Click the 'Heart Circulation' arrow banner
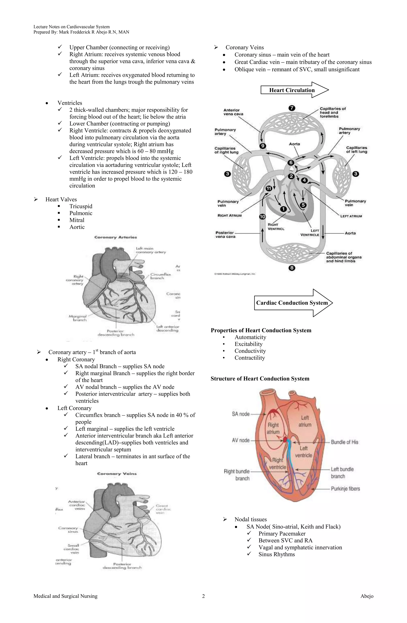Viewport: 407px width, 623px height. coord(292,90)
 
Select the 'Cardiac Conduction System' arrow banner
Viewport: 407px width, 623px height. coord(292,303)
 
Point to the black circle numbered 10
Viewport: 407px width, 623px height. coord(262,216)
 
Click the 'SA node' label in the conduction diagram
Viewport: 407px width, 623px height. coord(241,414)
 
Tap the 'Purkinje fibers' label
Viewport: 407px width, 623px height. coord(345,489)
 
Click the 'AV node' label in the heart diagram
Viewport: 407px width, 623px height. coord(241,440)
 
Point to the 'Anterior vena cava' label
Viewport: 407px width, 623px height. coord(233,112)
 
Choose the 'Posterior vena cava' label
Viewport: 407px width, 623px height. coord(225,235)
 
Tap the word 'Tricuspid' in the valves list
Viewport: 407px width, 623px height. coord(81,206)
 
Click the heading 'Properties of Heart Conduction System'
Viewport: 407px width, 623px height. coord(261,330)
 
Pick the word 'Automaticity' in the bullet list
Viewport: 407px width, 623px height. coord(250,337)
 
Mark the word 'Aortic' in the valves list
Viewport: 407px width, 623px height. coord(77,227)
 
